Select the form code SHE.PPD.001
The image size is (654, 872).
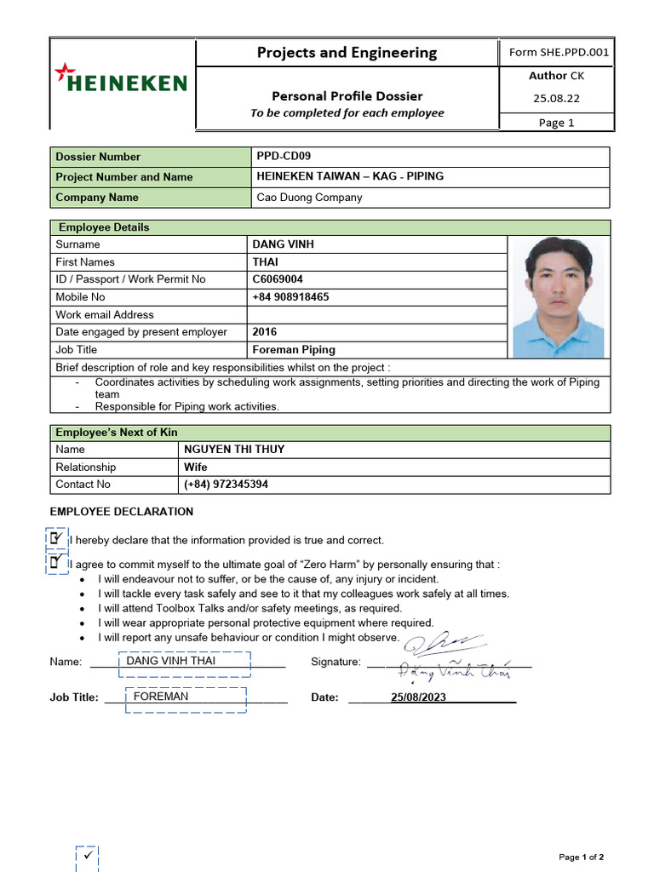pos(559,53)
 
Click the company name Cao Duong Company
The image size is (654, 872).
pos(309,198)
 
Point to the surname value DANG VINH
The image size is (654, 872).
pos(283,244)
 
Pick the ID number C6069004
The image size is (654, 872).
pos(278,279)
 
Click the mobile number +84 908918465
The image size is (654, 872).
pos(290,297)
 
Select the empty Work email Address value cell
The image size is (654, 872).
pos(376,315)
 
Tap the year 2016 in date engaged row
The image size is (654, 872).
pos(265,332)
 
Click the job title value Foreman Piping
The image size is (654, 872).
pos(294,350)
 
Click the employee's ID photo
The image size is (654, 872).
pos(559,297)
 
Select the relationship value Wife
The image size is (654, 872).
pos(196,468)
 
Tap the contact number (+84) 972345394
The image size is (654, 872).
pos(226,485)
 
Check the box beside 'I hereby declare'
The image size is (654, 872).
pos(57,538)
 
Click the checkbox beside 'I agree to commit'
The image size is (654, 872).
pos(57,563)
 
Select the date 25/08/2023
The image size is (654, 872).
pos(418,697)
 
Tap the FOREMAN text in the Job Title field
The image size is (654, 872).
pos(161,697)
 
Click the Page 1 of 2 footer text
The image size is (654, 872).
pos(581,857)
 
